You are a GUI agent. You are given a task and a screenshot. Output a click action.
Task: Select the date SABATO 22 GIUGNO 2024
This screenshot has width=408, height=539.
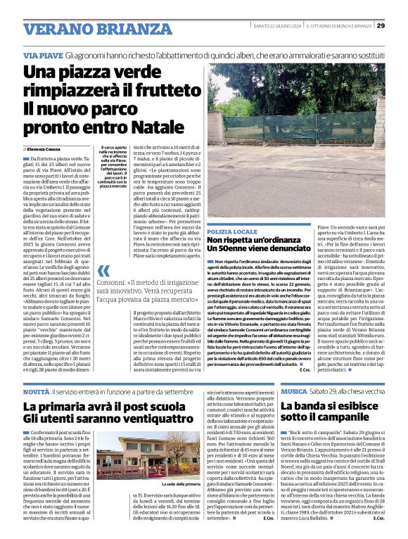click(277, 26)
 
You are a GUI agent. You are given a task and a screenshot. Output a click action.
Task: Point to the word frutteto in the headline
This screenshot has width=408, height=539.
click(164, 91)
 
